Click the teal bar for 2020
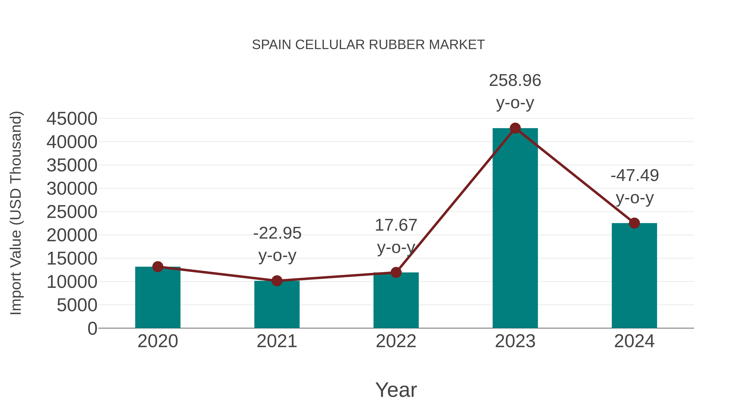[x=158, y=298]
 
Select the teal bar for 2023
[x=515, y=229]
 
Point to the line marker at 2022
[x=396, y=273]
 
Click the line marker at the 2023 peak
[x=515, y=128]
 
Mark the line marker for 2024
[x=634, y=223]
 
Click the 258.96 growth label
[x=515, y=80]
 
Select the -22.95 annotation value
[x=277, y=233]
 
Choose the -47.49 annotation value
[x=635, y=175]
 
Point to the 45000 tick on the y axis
[x=72, y=119]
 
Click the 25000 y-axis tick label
[x=72, y=212]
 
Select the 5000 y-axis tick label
[x=77, y=305]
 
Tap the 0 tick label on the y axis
[x=92, y=329]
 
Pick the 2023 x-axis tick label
[x=515, y=341]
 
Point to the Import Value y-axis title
[x=16, y=213]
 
